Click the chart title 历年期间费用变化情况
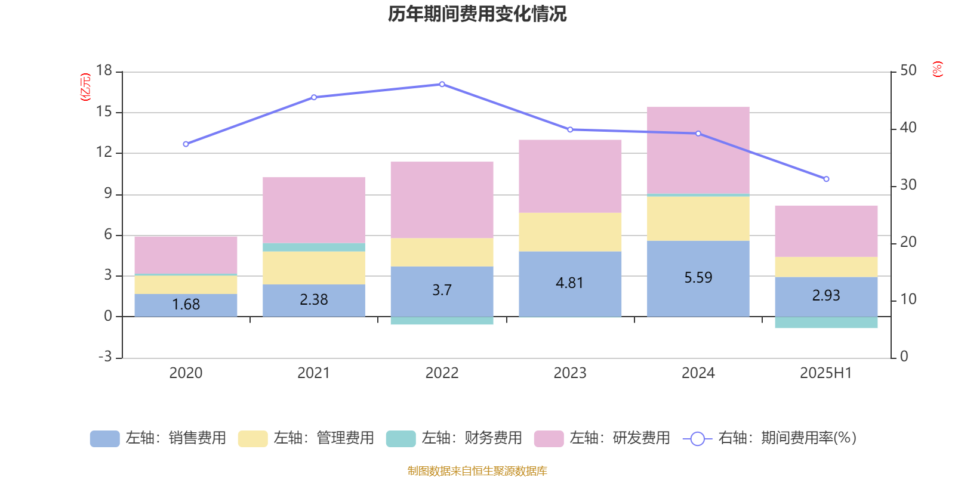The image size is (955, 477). coord(477,14)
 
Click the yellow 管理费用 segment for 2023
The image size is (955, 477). coord(570,232)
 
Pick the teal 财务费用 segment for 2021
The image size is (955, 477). coord(314,247)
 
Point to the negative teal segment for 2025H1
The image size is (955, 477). coord(826,323)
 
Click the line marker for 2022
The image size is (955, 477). coord(442,84)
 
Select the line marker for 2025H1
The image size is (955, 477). coord(826,179)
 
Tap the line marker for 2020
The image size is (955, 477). coord(186,144)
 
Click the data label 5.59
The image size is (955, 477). coord(698,277)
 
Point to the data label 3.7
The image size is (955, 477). coord(442,290)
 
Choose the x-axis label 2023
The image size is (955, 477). coord(570,373)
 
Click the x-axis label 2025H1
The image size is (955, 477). coord(826,373)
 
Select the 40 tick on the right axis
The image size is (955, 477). coord(908,128)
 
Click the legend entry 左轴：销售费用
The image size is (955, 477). coord(159,438)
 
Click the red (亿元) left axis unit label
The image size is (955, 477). coord(86,87)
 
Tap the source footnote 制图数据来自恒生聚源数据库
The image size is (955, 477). coord(477,471)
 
